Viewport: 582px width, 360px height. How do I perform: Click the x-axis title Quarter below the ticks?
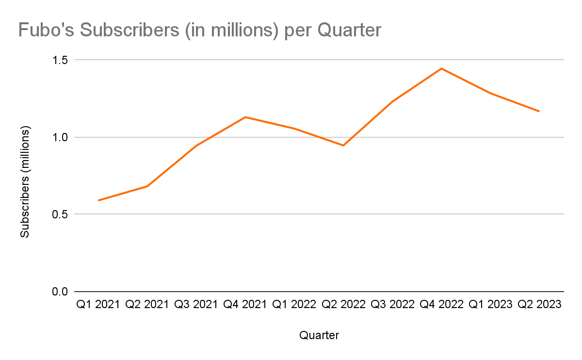coord(319,335)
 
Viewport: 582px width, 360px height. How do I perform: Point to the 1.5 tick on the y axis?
coord(61,60)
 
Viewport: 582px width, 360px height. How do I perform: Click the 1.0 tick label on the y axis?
coord(61,137)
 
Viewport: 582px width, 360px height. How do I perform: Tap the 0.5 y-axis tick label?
coord(61,214)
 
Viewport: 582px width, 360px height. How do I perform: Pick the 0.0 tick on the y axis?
coord(61,292)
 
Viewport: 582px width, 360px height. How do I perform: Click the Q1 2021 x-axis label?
coord(98,305)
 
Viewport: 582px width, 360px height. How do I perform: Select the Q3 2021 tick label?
coord(196,305)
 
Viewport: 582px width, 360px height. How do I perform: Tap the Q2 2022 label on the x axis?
coord(343,305)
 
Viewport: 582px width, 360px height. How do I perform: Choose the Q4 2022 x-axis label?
coord(441,305)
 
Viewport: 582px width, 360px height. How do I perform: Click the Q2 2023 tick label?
coord(539,305)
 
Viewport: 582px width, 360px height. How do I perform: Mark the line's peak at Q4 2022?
coord(441,68)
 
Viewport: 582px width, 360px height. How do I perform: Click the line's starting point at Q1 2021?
coord(98,200)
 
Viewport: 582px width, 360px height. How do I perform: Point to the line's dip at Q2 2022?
coord(343,146)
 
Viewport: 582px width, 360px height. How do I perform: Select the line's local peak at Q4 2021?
coord(245,117)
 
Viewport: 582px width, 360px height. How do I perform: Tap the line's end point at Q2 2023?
coord(539,112)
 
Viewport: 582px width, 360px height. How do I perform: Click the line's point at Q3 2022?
coord(392,101)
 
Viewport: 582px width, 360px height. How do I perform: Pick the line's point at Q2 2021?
coord(147,186)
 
